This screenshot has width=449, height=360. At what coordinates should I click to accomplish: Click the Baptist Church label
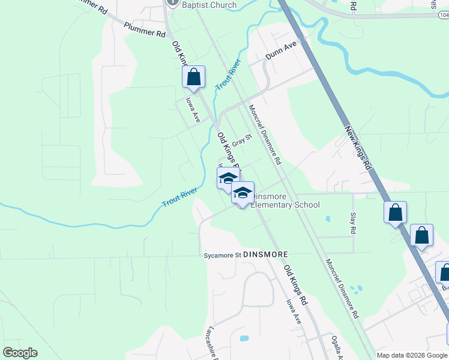tap(209, 5)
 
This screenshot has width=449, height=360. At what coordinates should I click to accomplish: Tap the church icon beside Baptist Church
tap(172, 2)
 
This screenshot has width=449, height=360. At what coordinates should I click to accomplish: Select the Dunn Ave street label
tap(282, 55)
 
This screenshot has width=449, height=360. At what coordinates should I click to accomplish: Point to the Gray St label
tap(243, 141)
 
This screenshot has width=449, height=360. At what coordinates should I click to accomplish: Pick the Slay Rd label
tap(353, 223)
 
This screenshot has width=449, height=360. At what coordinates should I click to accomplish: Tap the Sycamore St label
tap(220, 255)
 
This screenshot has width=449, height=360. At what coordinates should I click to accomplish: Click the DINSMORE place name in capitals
tap(262, 254)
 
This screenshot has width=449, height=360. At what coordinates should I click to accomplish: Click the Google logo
tap(20, 353)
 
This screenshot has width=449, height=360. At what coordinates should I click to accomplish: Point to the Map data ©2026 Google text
tap(412, 355)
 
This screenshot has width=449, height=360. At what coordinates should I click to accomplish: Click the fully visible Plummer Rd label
tap(145, 30)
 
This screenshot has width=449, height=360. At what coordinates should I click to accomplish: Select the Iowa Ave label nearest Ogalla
tap(293, 312)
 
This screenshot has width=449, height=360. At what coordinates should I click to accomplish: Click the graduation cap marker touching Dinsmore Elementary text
tap(243, 193)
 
